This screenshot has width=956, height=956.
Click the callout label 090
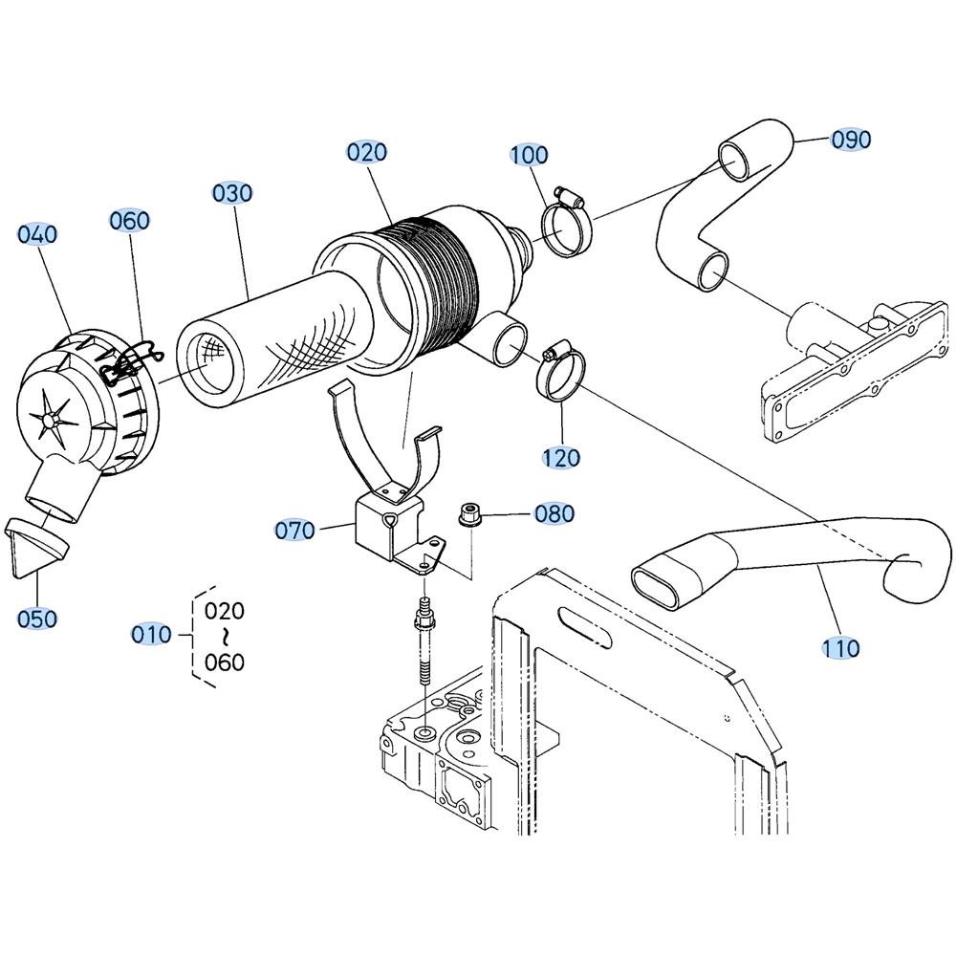tap(851, 140)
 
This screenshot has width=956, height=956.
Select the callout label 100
tap(530, 155)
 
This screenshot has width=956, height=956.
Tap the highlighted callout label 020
tap(367, 152)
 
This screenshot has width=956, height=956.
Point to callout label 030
tap(232, 193)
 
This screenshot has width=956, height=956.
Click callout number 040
tap(37, 234)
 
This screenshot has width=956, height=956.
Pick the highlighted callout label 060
tap(129, 220)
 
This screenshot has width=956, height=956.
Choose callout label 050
tap(37, 619)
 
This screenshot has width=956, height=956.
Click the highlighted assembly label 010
tap(152, 635)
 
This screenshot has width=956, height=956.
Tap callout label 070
tap(294, 530)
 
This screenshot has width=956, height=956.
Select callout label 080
tap(554, 513)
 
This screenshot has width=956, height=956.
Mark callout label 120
tap(561, 458)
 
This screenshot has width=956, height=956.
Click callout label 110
tap(841, 647)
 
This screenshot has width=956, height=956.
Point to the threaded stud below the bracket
tap(424, 641)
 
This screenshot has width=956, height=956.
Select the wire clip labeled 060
tap(130, 364)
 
